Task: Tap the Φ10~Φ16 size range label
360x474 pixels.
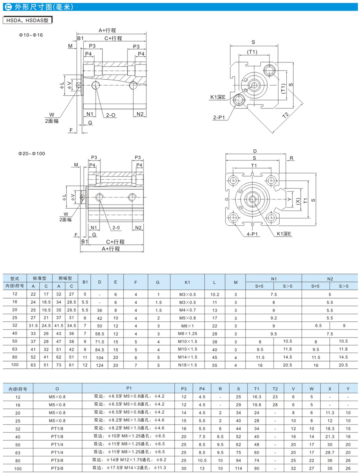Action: click(31, 35)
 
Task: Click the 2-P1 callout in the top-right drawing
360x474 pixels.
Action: click(219, 117)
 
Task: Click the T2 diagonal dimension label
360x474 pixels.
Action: click(286, 115)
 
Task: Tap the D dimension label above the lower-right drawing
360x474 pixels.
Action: click(255, 151)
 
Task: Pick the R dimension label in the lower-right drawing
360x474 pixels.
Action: click(292, 158)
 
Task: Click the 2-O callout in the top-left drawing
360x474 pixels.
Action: click(111, 115)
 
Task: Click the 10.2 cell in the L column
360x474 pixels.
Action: click(215, 294)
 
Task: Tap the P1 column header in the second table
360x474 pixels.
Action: click(128, 388)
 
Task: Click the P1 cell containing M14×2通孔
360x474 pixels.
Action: click(128, 468)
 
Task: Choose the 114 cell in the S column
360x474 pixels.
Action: click(238, 468)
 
